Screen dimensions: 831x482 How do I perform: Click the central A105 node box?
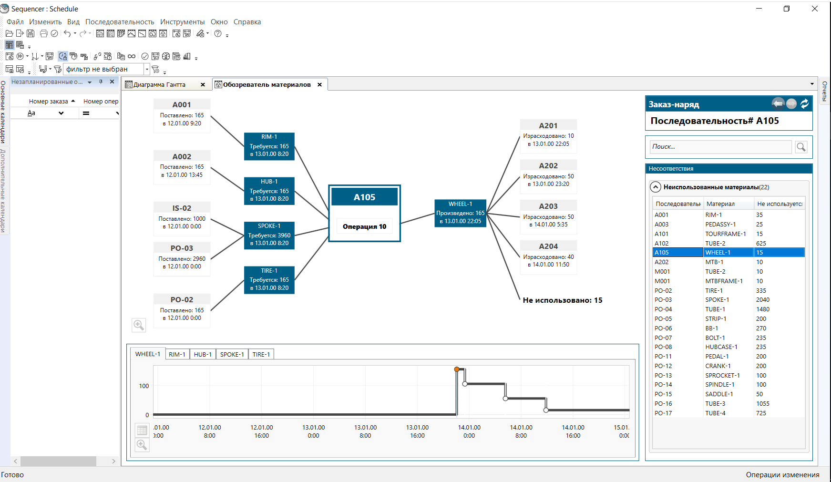(365, 213)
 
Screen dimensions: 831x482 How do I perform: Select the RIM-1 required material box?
(269, 146)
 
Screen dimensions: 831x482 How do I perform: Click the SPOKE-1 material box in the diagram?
(269, 235)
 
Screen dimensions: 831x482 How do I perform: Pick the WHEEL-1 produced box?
(461, 213)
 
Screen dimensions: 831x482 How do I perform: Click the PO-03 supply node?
(182, 258)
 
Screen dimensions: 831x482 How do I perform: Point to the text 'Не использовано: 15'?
(563, 300)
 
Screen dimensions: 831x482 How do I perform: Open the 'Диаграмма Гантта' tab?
(159, 84)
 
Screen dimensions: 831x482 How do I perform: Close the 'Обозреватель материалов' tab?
(320, 84)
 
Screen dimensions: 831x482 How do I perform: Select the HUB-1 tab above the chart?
(203, 354)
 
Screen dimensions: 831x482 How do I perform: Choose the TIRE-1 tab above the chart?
(261, 354)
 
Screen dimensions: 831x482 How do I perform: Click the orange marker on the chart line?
(457, 369)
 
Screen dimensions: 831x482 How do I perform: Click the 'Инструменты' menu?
(183, 22)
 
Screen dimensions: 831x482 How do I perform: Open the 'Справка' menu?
(247, 22)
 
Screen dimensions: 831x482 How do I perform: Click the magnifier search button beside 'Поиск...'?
(801, 147)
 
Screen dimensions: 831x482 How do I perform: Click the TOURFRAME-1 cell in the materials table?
(726, 234)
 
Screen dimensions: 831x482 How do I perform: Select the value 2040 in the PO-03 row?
(763, 300)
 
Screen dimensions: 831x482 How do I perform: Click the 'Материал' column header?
(720, 204)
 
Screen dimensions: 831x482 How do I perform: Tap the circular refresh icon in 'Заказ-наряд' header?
(805, 103)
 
